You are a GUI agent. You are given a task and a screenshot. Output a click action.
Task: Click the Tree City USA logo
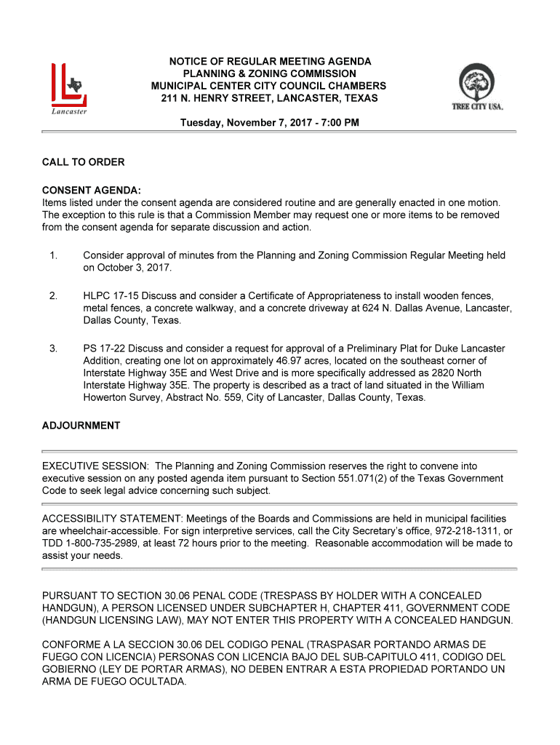[477, 87]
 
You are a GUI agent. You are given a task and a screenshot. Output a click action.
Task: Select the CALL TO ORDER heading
[83, 162]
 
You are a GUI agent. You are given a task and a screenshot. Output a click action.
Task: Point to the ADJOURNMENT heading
[81, 426]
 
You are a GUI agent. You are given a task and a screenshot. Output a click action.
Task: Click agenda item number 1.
[53, 255]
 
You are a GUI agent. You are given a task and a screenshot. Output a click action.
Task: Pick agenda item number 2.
[53, 296]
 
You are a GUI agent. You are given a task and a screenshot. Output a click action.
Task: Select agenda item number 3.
[53, 348]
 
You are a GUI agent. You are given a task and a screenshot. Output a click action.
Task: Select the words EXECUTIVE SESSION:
[95, 466]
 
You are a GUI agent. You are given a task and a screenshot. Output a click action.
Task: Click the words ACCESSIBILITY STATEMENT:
[113, 519]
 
